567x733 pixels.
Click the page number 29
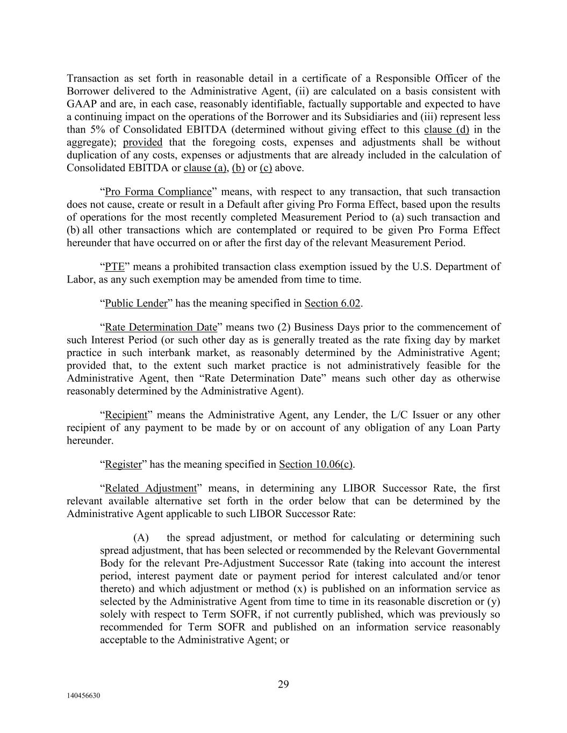click(x=283, y=684)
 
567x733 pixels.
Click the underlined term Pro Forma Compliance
click(x=159, y=192)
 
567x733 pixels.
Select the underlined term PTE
click(x=114, y=267)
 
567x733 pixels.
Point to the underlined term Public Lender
click(x=136, y=303)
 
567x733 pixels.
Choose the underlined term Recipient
click(x=126, y=415)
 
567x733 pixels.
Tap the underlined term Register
click(x=123, y=465)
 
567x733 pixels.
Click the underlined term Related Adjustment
click(x=150, y=489)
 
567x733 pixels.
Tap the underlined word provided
click(x=142, y=142)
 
